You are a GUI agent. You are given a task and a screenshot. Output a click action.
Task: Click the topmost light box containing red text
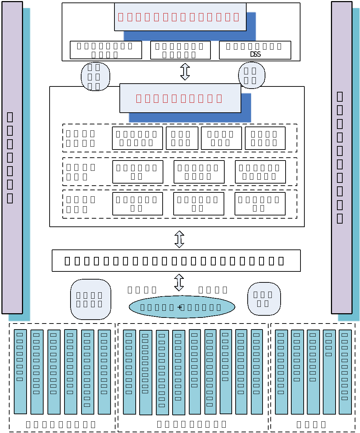tap(180, 17)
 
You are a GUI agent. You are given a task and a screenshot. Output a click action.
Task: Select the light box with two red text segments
tap(180, 98)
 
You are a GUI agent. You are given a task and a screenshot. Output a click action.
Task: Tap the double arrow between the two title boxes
tap(185, 72)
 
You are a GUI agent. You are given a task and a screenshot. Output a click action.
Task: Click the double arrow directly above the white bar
tap(179, 239)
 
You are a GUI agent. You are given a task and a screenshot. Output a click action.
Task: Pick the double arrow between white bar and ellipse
tap(179, 282)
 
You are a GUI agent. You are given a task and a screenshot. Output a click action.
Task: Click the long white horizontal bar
tap(176, 260)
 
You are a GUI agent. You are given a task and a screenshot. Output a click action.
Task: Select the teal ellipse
tap(182, 307)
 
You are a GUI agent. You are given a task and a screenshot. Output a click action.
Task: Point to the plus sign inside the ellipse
tap(179, 307)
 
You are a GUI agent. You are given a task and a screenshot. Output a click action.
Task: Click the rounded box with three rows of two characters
tap(95, 77)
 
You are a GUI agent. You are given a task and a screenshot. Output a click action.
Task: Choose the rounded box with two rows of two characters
tap(252, 75)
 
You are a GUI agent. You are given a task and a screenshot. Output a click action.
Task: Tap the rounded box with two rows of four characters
tap(91, 299)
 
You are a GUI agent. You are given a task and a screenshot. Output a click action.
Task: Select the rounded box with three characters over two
tap(264, 299)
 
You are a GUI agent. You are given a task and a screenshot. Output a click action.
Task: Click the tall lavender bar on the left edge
tap(12, 157)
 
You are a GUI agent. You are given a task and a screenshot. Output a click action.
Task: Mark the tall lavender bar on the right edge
tap(342, 157)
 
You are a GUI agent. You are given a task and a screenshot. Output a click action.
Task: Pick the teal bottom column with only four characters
tap(329, 372)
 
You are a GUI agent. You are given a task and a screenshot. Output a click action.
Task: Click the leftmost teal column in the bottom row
tap(20, 371)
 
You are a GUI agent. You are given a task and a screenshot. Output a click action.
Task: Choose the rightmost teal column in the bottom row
tap(345, 372)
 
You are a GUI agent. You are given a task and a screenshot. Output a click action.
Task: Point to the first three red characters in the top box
tap(130, 17)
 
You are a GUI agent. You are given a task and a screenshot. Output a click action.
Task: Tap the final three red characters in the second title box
tap(210, 99)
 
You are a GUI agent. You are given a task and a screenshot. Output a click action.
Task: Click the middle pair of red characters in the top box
tap(188, 17)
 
